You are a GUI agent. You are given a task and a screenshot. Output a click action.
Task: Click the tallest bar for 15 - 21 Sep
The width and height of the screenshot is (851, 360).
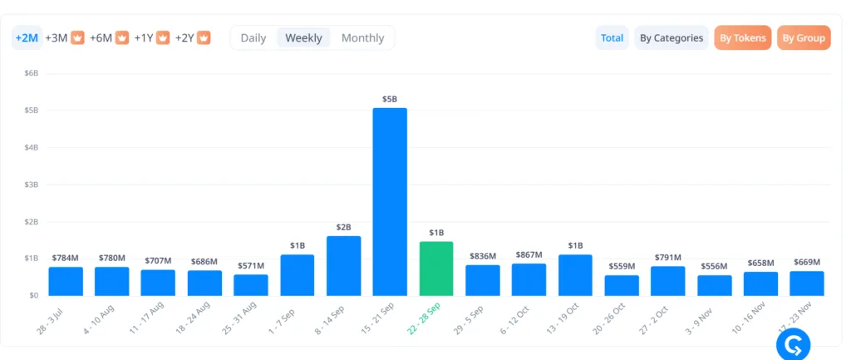[x=390, y=201]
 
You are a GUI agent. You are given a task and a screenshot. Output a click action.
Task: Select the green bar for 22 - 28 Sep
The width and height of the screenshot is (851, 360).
[x=436, y=268]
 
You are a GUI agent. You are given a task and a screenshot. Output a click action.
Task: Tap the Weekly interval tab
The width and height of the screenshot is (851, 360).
[x=303, y=38]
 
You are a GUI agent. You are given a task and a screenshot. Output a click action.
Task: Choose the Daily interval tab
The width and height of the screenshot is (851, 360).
[x=253, y=38]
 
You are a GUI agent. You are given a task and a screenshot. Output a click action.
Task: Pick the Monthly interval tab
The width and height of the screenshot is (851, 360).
[x=362, y=38]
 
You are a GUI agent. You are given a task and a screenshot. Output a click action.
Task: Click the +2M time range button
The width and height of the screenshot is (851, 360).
[x=27, y=38]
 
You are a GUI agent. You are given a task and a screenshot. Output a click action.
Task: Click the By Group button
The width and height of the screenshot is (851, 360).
[x=803, y=38]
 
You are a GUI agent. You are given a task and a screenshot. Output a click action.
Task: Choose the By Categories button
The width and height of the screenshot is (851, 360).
[x=671, y=38]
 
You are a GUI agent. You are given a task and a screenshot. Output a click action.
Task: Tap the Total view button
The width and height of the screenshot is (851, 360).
[x=612, y=38]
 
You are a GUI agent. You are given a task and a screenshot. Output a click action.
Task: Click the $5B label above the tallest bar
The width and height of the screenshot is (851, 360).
[x=390, y=100]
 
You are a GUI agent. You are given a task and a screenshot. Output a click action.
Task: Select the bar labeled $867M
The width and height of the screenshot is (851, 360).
[x=529, y=279]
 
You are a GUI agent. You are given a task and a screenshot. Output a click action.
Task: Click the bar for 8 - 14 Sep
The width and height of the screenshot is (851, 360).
[x=343, y=265]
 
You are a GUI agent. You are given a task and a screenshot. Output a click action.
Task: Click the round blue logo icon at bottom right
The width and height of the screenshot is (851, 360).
[x=792, y=344]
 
